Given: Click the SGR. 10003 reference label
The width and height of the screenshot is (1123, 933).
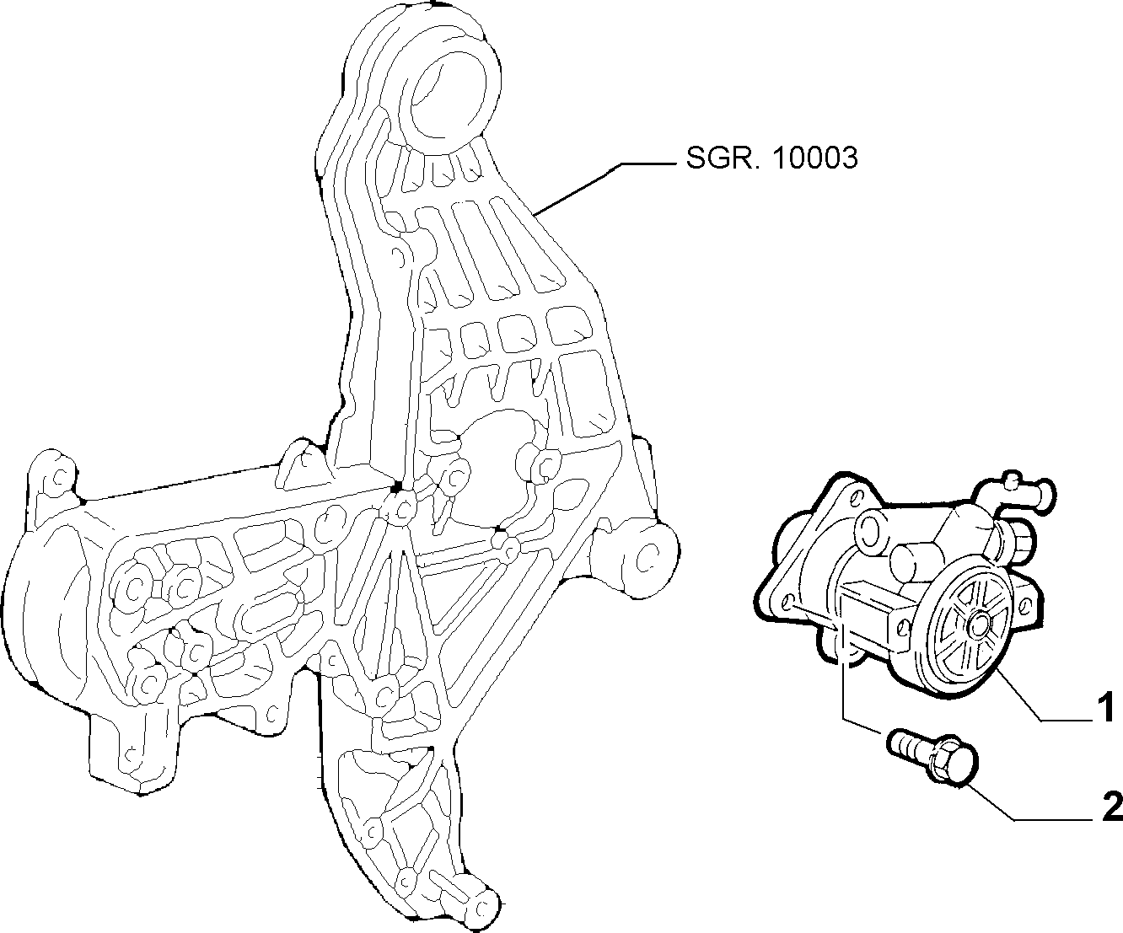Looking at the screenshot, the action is [771, 158].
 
